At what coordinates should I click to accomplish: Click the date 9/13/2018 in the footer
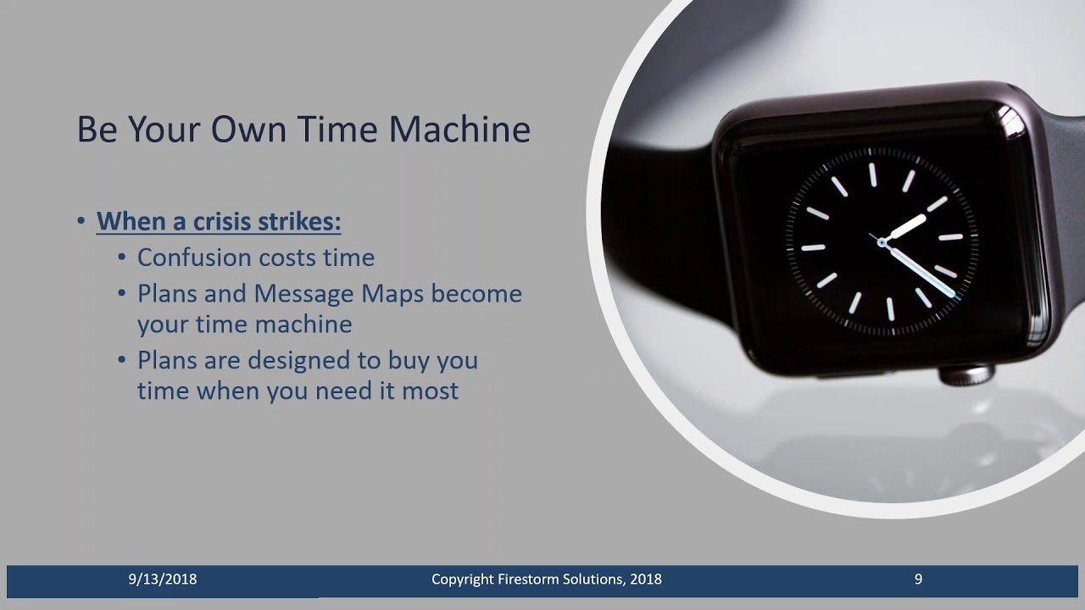(163, 579)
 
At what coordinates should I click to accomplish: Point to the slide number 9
(918, 579)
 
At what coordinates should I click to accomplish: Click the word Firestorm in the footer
(534, 579)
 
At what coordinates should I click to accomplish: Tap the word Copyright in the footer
(465, 579)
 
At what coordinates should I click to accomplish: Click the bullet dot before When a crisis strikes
(81, 222)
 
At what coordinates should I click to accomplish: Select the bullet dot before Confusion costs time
(122, 258)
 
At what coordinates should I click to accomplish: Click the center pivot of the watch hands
(882, 242)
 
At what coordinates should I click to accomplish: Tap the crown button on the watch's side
(965, 374)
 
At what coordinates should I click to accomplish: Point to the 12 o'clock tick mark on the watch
(871, 174)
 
